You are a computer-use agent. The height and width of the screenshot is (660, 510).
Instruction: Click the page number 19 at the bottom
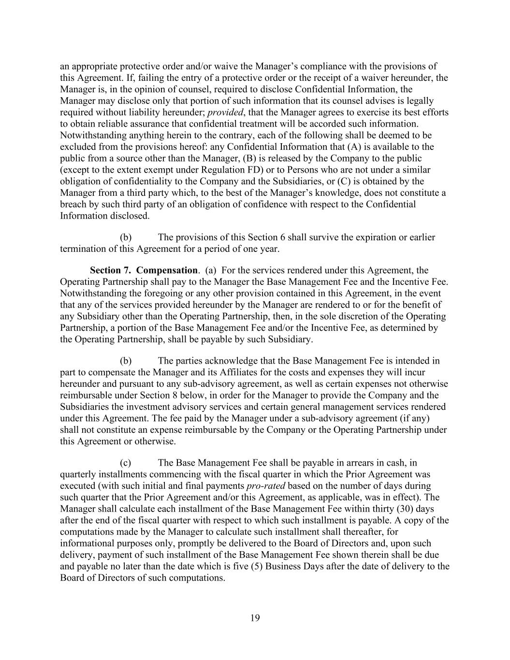pos(255,617)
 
